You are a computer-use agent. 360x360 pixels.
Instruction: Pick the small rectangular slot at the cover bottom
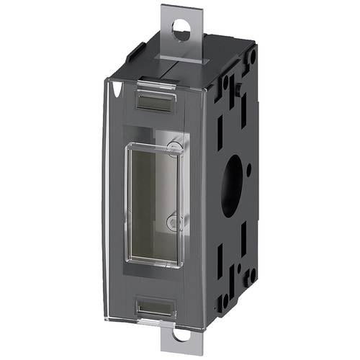(x=156, y=307)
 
